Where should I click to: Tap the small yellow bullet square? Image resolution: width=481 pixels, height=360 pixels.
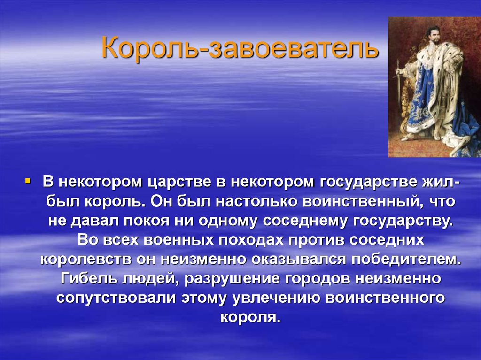click(28, 180)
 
